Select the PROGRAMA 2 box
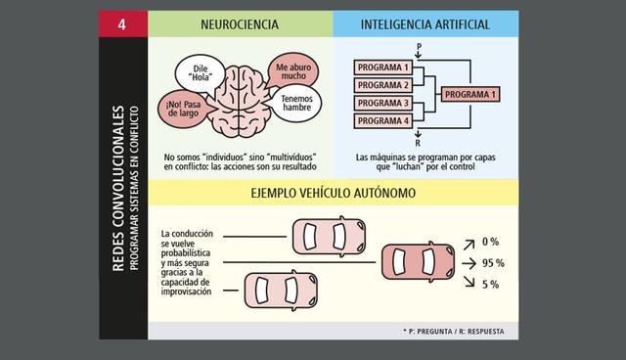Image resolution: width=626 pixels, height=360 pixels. [x=383, y=84]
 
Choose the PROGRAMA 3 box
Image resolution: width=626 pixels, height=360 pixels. [x=383, y=102]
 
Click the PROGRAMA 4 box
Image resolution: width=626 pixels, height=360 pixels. [x=383, y=119]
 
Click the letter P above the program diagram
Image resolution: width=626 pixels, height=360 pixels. [x=419, y=45]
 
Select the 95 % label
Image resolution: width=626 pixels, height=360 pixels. [x=493, y=263]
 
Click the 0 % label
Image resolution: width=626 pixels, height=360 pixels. [x=491, y=242]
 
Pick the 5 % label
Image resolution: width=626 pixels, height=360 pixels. [x=491, y=285]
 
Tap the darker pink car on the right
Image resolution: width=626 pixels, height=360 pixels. [x=419, y=263]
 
